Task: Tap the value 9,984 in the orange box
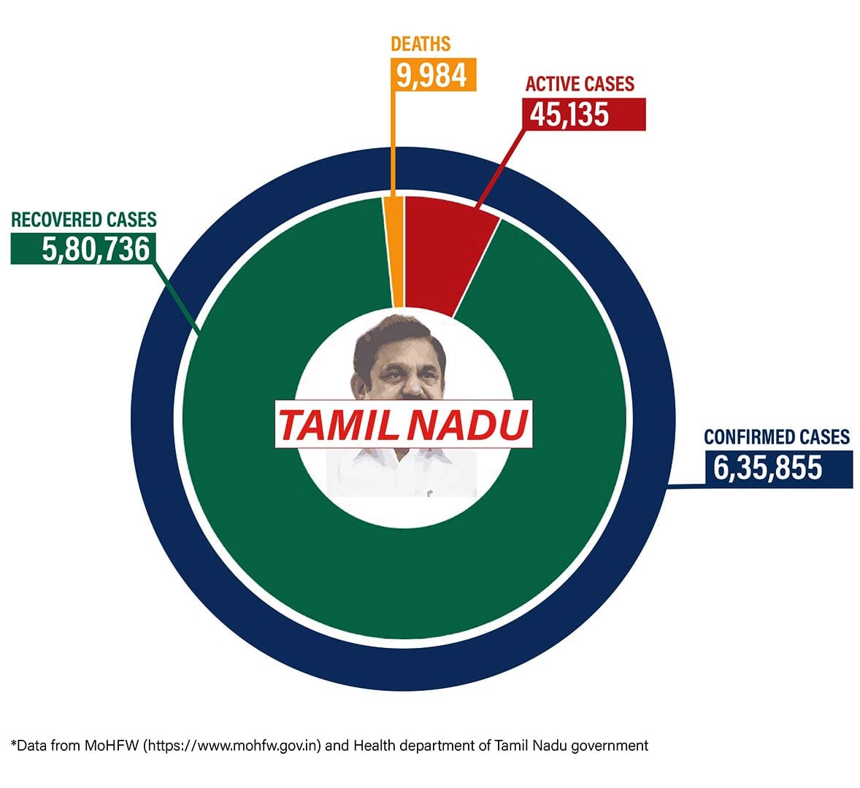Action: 432,74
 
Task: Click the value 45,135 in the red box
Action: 570,114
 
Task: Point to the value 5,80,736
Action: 96,250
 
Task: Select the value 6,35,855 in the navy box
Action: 768,468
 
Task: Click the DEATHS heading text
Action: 421,44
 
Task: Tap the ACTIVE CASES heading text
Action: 580,84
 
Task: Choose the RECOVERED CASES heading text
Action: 84,219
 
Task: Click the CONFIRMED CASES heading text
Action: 777,437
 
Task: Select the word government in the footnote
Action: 610,746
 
